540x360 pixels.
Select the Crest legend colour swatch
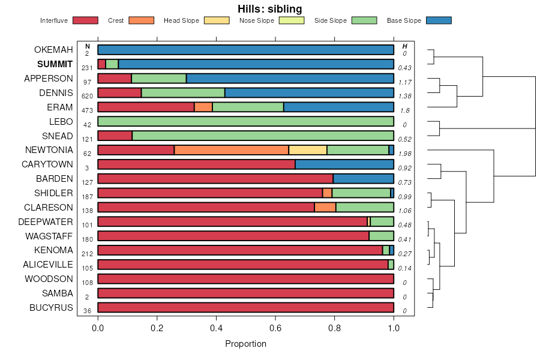tap(141, 20)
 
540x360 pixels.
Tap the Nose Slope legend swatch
tap(292, 20)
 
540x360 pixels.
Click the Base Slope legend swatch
tap(438, 20)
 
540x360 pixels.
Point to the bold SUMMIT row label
tap(55, 64)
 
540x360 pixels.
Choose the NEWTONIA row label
tap(49, 150)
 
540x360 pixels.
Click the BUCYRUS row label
tap(52, 308)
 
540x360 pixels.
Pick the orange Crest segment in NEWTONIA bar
tap(231, 150)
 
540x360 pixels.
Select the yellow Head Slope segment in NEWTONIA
tap(307, 150)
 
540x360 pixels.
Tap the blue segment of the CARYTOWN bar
tap(344, 164)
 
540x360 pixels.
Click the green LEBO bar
tap(245, 121)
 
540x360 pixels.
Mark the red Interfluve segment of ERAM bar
tap(146, 107)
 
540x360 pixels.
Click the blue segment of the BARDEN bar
tap(364, 179)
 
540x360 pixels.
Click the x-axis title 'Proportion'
tap(245, 344)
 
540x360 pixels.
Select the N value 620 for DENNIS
tap(88, 96)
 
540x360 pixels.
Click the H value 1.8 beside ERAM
tap(404, 110)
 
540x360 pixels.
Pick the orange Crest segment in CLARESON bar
tap(325, 208)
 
